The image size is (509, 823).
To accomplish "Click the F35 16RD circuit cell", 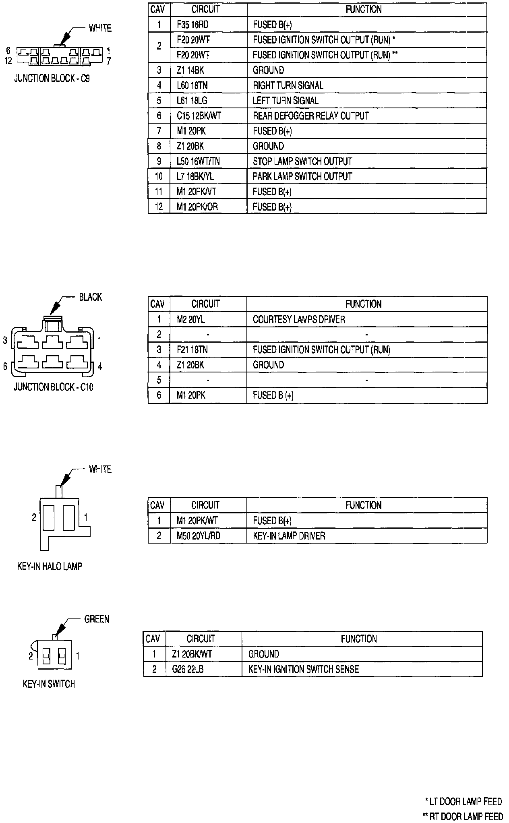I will click(192, 25).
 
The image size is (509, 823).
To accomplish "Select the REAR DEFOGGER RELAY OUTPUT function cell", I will click(310, 116).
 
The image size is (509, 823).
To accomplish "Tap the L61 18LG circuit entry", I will click(192, 101).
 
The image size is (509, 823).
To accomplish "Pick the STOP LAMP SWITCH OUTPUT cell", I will click(302, 161).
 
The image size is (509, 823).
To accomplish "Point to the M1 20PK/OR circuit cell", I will click(197, 207).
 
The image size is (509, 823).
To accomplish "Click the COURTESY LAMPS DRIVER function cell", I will click(299, 320).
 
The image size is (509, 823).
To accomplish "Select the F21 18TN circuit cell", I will click(192, 350).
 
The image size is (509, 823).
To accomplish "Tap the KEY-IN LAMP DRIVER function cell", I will click(289, 536).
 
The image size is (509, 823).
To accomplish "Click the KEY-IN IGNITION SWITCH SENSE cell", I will click(303, 669).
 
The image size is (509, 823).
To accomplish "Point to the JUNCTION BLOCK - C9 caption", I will click(52, 79).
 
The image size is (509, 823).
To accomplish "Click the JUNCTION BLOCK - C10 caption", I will click(54, 387).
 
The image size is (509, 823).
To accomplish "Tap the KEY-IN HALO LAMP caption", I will click(50, 567).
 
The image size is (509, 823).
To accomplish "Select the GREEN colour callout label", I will click(97, 619).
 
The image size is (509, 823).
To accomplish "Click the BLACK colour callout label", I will click(90, 297).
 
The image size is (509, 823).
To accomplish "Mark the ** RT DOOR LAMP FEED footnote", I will click(463, 816).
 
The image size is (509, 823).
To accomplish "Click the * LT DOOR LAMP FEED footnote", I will click(463, 801).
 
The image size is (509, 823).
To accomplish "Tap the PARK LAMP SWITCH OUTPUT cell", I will click(302, 176).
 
